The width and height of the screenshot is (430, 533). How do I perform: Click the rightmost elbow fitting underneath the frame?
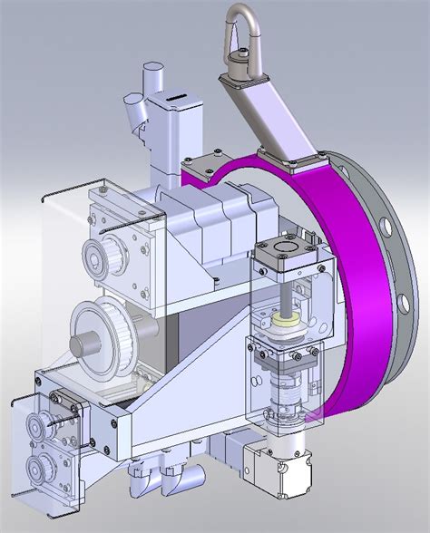pyautogui.click(x=191, y=480)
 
